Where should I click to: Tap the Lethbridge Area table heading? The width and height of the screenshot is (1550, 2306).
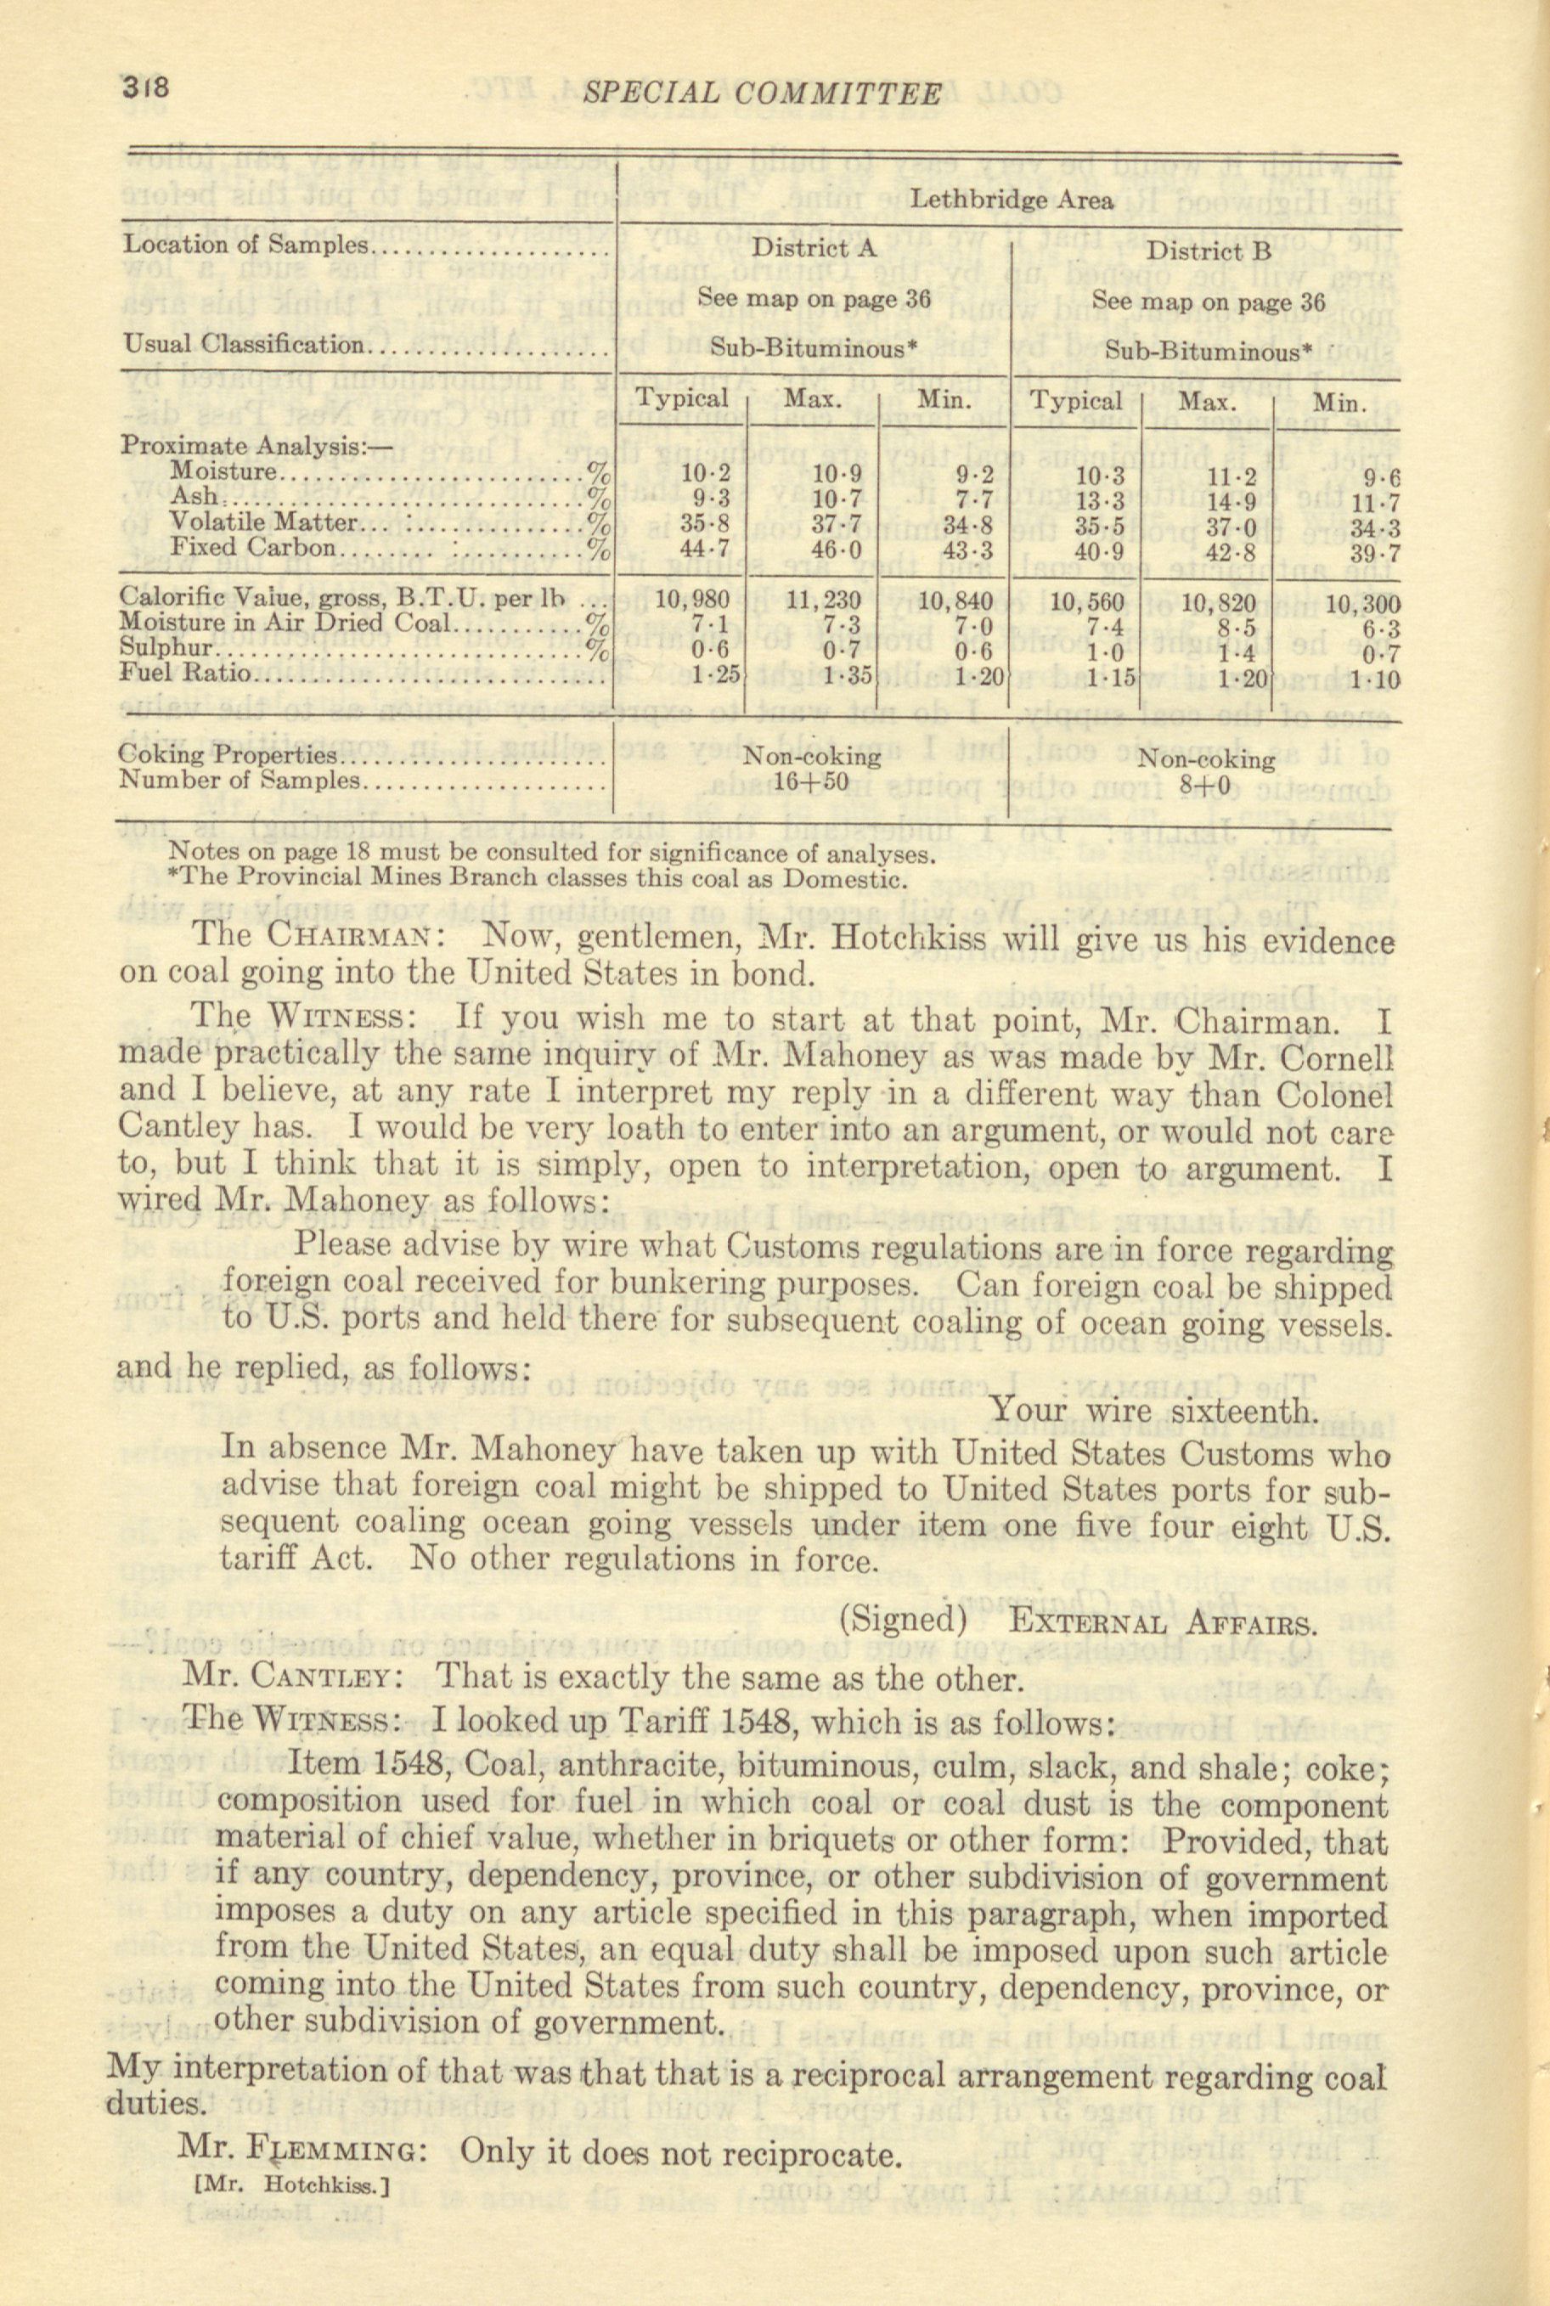coord(1011,200)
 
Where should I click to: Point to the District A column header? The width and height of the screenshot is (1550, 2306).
coord(814,248)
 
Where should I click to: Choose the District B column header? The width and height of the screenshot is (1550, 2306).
coord(1207,251)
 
